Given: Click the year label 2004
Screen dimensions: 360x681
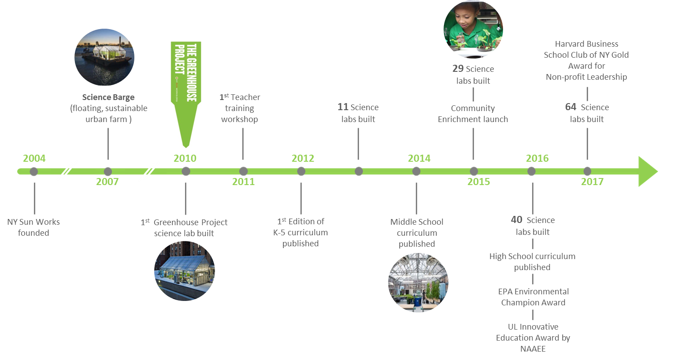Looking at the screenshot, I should tap(34, 158).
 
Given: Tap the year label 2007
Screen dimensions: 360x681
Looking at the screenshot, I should tap(107, 182).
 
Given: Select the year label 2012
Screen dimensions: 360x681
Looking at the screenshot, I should tap(303, 158).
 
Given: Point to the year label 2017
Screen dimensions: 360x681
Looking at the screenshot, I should tap(592, 182).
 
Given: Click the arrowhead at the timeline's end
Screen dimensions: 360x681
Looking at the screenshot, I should tap(648, 171).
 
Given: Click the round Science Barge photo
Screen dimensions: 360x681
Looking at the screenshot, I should tap(104, 57).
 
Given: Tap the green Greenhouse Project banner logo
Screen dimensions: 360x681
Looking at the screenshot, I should tap(186, 94).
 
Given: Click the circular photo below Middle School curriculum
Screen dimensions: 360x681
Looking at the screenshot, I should tap(418, 282).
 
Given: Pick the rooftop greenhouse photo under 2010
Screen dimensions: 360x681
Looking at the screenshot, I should tap(185, 271).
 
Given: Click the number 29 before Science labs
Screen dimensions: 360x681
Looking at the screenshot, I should tap(458, 69).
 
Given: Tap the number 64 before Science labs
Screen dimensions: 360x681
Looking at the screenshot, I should tap(570, 107).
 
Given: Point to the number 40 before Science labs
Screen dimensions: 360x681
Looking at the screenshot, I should tap(517, 220).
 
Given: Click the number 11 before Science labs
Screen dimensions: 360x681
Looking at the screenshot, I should tap(343, 107).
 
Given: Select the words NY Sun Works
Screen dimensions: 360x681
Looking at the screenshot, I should tap(33, 222).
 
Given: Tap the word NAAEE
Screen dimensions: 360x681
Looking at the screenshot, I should tap(533, 349).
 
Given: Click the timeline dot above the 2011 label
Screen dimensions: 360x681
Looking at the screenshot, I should tap(244, 171).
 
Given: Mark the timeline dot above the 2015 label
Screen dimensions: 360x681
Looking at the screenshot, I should tap(474, 171).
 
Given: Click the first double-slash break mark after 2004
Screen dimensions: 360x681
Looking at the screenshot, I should tap(67, 170).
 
